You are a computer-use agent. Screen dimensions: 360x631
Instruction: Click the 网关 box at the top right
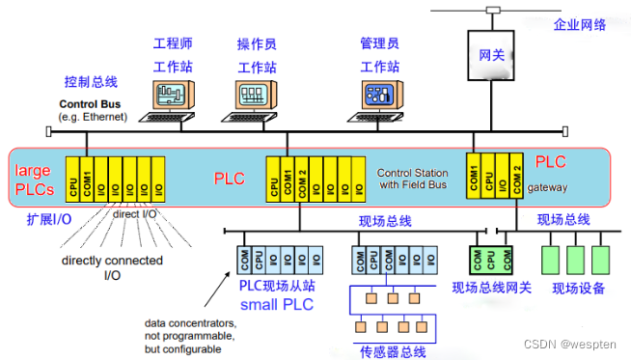[x=491, y=57]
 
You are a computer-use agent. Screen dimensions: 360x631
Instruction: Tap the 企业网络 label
[x=580, y=24]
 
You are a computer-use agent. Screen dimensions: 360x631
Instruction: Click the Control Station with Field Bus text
[x=413, y=178]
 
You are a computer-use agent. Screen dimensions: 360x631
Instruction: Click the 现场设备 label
[x=577, y=287]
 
